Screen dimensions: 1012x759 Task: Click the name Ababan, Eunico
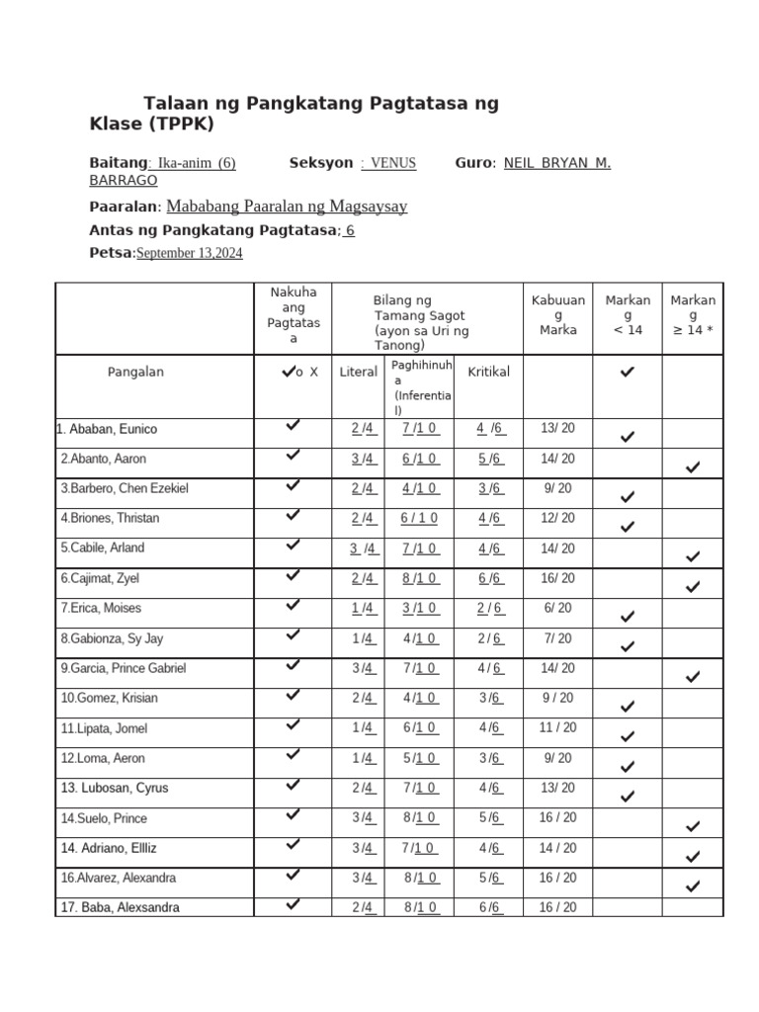(107, 429)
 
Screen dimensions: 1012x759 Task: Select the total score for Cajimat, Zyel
(557, 578)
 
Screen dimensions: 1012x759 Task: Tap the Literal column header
(358, 372)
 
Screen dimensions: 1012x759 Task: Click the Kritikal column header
(488, 372)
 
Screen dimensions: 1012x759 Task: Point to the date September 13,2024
(189, 253)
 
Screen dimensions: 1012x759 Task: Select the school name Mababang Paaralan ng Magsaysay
(287, 206)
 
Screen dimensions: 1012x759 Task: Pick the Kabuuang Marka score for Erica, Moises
(557, 609)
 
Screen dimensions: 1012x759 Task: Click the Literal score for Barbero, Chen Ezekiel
(363, 488)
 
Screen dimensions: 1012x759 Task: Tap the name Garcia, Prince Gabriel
(123, 668)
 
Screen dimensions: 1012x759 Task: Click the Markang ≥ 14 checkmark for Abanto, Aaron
(693, 466)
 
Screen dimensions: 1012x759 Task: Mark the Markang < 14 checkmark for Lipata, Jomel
(627, 736)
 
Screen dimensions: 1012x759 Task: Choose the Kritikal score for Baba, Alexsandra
(490, 907)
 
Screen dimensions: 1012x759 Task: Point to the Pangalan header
(135, 372)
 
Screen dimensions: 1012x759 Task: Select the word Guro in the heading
(472, 163)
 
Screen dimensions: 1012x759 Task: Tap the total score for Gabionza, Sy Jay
(557, 638)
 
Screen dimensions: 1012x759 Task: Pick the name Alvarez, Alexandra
(118, 878)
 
